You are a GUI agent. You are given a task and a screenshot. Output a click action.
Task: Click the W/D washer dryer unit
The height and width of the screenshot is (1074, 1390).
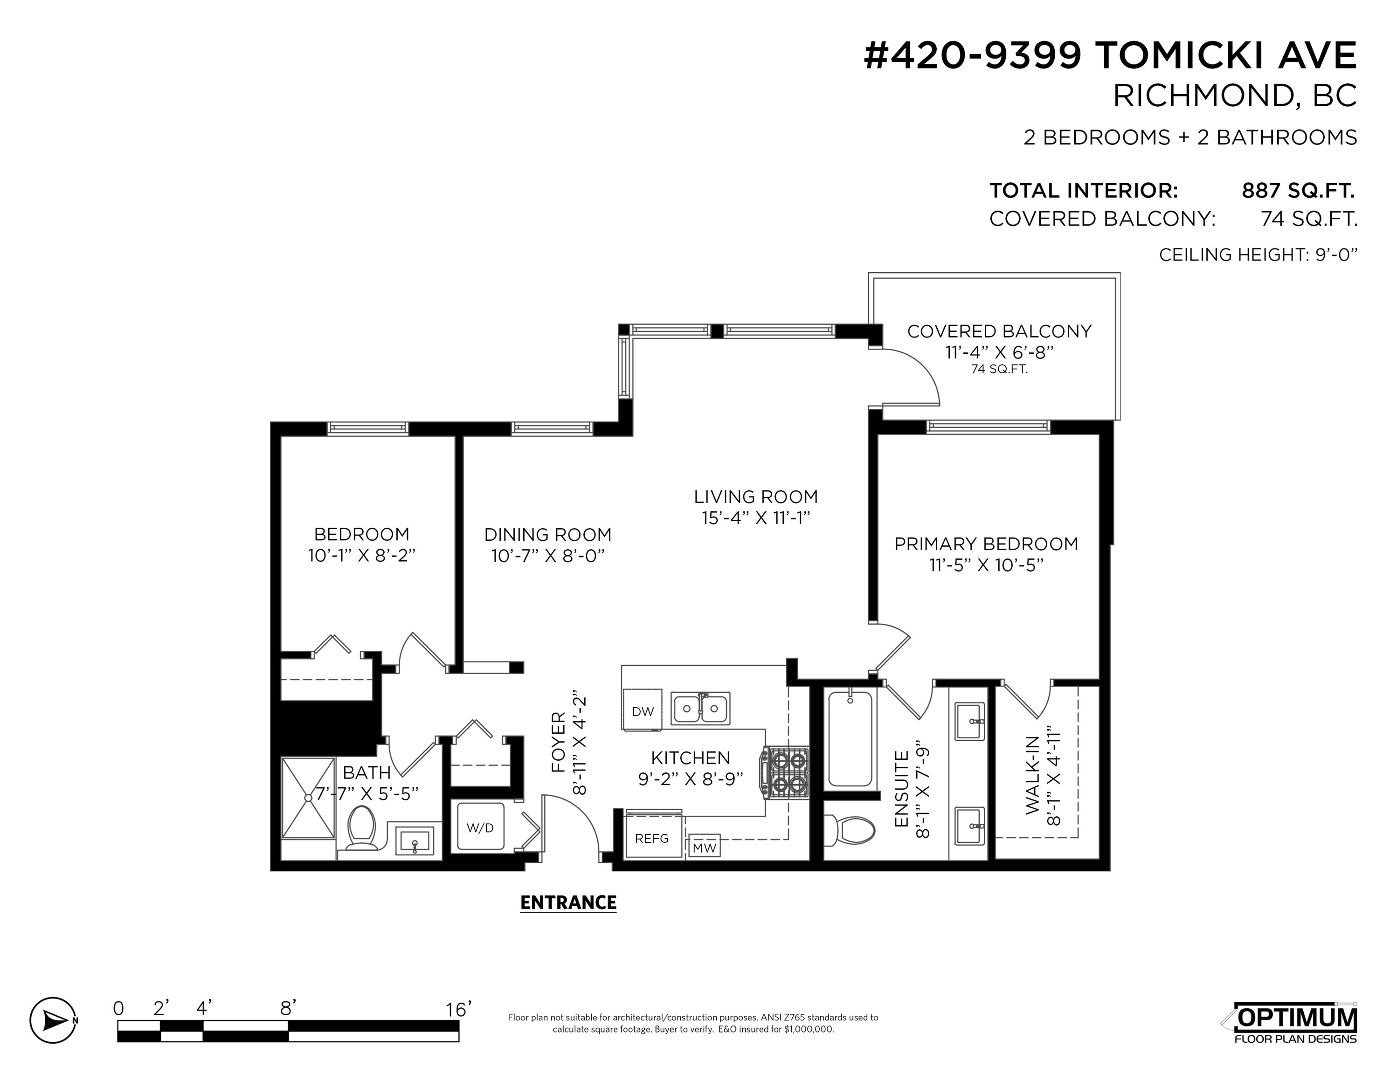pos(481,827)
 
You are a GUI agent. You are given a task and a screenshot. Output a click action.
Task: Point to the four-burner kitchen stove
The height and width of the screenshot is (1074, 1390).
pos(787,772)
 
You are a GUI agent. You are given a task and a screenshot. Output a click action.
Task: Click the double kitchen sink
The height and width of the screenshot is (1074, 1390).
pos(701,708)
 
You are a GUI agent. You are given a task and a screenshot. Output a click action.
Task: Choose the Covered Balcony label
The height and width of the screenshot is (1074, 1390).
pos(999,331)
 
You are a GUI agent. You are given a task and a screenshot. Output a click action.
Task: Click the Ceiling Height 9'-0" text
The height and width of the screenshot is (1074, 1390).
pos(1258,255)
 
